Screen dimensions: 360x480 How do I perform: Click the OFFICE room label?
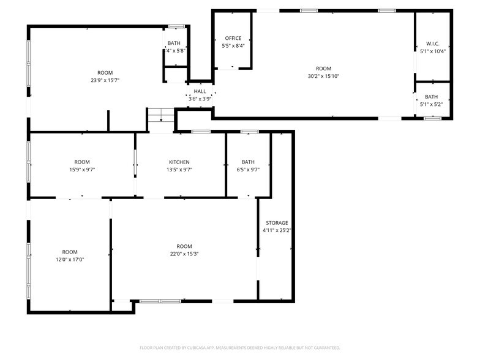click(x=233, y=38)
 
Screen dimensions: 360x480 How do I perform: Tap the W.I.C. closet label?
click(x=433, y=43)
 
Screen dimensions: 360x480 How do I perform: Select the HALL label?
click(x=200, y=91)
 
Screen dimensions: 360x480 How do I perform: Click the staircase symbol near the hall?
click(x=161, y=114)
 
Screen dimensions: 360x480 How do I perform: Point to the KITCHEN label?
click(x=179, y=162)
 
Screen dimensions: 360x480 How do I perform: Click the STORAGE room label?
click(x=277, y=223)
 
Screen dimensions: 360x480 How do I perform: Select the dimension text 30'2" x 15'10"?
click(x=323, y=76)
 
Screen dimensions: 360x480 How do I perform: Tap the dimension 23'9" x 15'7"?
click(x=105, y=80)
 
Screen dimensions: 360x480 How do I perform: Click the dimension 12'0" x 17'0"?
click(x=70, y=260)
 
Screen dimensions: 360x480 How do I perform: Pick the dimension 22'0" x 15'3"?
click(x=184, y=253)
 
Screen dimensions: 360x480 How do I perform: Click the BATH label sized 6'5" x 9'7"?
click(x=248, y=162)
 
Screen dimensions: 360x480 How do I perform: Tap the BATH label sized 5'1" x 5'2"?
click(x=432, y=97)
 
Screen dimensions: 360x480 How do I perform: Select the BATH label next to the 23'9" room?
click(x=174, y=43)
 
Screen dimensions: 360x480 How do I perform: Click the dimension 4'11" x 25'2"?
click(x=277, y=231)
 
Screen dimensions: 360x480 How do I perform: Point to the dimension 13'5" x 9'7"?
click(x=179, y=170)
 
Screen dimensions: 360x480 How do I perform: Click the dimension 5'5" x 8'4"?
click(x=233, y=45)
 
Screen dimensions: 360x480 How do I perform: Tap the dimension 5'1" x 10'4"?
click(x=433, y=51)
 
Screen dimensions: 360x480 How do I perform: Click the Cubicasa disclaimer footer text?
click(x=239, y=348)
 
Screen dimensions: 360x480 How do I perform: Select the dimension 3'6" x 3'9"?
click(x=200, y=99)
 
